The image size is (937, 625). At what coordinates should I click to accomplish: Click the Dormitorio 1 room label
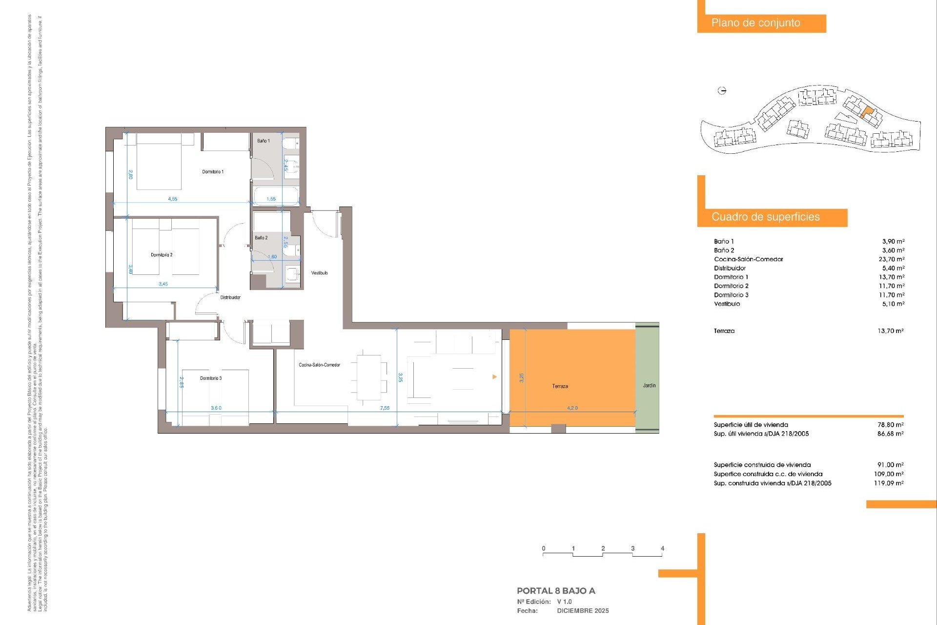[x=213, y=172]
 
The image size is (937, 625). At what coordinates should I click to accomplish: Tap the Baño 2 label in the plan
[x=261, y=238]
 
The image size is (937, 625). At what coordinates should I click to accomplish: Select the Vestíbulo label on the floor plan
[x=319, y=273]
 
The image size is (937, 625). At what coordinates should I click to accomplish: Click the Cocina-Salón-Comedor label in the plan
[x=319, y=365]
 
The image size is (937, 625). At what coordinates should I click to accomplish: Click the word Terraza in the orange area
[x=560, y=386]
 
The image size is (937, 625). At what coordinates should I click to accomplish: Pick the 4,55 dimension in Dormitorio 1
[x=172, y=199]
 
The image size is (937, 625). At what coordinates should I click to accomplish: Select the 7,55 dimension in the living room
[x=385, y=408]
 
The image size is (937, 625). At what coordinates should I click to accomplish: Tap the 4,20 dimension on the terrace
[x=572, y=408]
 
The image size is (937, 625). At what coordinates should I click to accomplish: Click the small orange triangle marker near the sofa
[x=494, y=377]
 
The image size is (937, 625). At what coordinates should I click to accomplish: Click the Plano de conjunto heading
[x=755, y=23]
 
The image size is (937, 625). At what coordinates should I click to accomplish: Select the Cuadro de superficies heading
[x=765, y=217]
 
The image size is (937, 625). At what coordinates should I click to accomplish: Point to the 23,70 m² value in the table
[x=891, y=259]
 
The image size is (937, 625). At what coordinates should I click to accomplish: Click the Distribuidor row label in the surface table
[x=730, y=268]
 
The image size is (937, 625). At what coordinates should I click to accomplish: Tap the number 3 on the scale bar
[x=632, y=548]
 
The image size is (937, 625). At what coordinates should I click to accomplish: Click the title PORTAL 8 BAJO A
[x=556, y=591]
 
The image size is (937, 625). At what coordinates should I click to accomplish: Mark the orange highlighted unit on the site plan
[x=866, y=112]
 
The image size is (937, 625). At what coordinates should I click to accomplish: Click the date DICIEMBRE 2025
[x=583, y=611]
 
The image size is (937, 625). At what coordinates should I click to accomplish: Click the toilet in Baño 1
[x=291, y=143]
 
